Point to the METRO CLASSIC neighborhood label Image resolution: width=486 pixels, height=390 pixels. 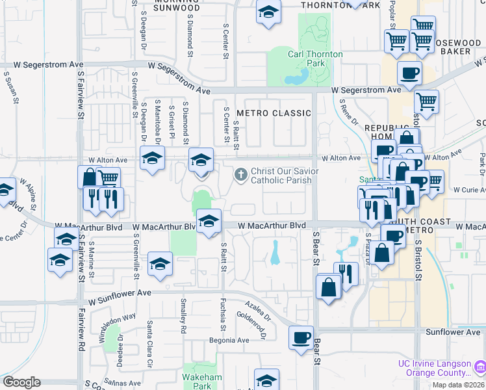point(274,113)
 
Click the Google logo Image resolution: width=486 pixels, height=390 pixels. point(21,382)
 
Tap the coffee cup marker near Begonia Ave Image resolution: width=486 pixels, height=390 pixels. point(301,338)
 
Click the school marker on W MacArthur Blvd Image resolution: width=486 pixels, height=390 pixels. point(209,222)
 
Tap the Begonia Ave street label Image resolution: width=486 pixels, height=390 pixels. point(229,340)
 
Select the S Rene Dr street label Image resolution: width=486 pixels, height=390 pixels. point(348,112)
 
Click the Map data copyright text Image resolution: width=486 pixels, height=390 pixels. point(459,385)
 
